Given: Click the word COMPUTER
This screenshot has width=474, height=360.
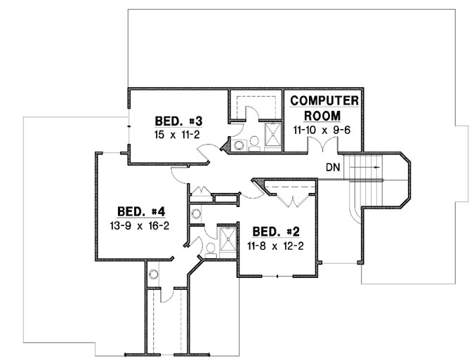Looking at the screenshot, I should pyautogui.click(x=324, y=100).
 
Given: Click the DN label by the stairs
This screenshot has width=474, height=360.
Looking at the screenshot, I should pyautogui.click(x=334, y=168).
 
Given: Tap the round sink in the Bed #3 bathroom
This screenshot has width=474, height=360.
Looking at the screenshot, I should pyautogui.click(x=239, y=145).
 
